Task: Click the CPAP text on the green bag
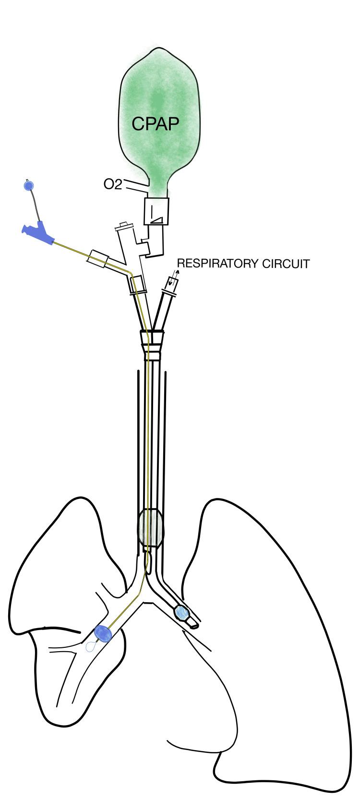pyautogui.click(x=155, y=124)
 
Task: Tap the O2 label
pyautogui.click(x=113, y=184)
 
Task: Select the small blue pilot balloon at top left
pyautogui.click(x=28, y=185)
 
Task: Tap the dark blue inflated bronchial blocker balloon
pyautogui.click(x=103, y=634)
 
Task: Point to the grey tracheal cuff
pyautogui.click(x=151, y=528)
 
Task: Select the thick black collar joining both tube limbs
pyautogui.click(x=152, y=332)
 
